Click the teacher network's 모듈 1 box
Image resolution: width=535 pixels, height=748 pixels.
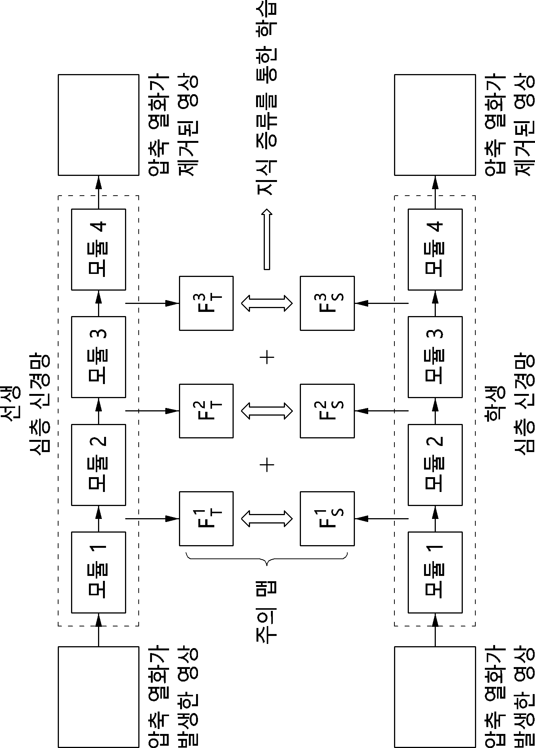[98, 572]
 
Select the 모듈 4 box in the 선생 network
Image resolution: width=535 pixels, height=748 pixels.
[98, 249]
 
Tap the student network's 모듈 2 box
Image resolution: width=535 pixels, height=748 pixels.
[435, 465]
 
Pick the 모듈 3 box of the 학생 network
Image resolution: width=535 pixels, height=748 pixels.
[435, 357]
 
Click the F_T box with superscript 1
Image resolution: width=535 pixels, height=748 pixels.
[206, 519]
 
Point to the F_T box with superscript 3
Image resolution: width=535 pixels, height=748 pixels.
[206, 303]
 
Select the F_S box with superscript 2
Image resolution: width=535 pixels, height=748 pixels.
[327, 411]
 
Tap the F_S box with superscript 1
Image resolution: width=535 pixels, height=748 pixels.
[327, 519]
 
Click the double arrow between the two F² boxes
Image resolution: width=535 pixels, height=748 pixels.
[267, 411]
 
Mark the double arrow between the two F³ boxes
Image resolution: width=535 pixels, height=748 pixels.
[267, 303]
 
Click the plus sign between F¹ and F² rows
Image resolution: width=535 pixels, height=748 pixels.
[267, 465]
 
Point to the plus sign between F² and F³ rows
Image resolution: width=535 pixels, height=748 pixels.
[267, 357]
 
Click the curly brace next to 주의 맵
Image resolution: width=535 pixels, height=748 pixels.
[267, 559]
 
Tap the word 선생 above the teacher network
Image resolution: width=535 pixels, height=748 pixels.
[11, 404]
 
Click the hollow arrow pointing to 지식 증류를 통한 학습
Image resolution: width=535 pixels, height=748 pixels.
[267, 239]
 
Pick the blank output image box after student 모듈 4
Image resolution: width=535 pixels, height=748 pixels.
[435, 125]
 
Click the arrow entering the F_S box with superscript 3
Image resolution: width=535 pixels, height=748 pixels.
[381, 303]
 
